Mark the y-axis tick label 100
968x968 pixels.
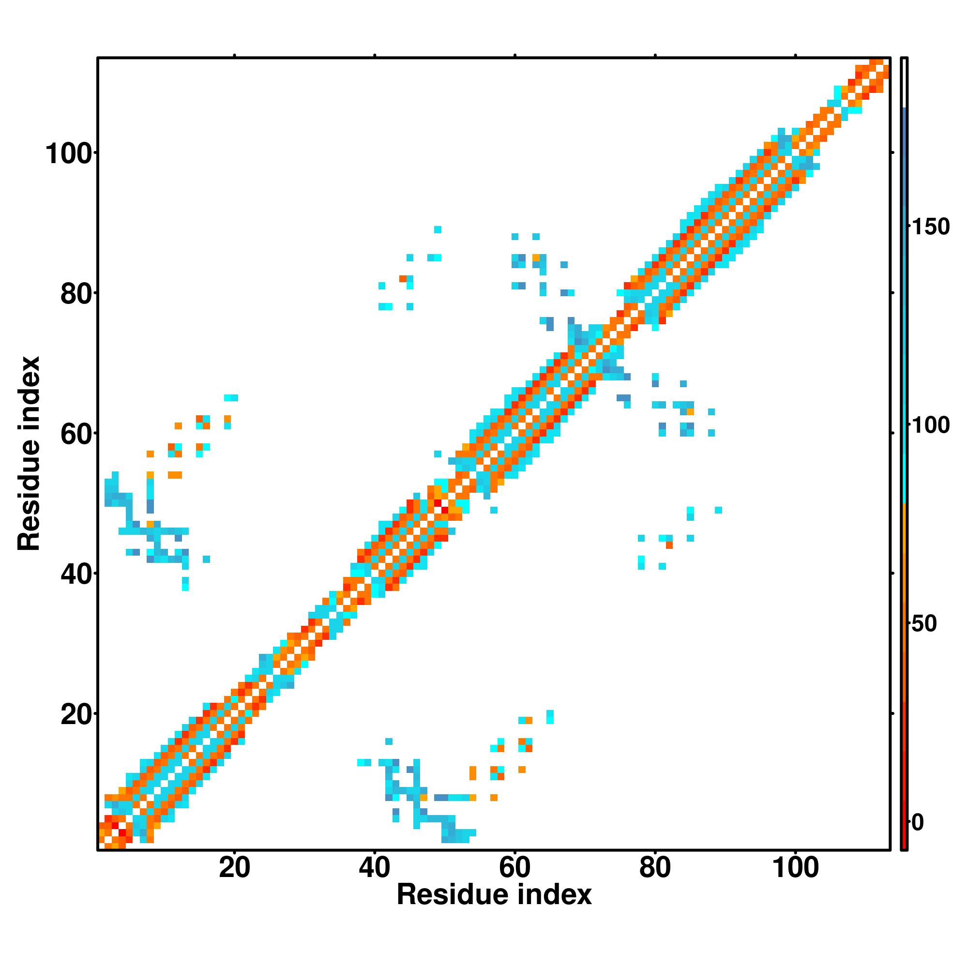click(70, 154)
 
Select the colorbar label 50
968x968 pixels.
click(924, 624)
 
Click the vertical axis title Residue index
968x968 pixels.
click(29, 453)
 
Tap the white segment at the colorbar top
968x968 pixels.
click(905, 83)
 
